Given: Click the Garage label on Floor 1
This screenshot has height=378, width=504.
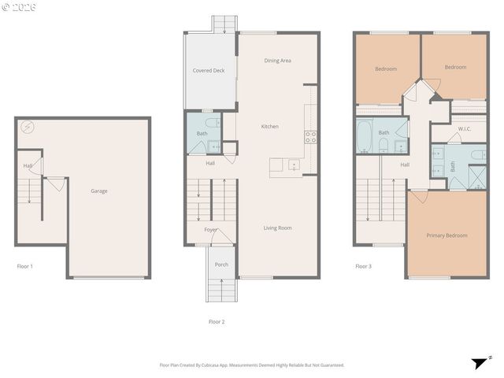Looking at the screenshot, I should coord(99,191).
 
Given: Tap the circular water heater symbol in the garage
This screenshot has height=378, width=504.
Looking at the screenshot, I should coord(28,126).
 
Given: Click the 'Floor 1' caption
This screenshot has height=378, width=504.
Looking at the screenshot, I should coord(25,266).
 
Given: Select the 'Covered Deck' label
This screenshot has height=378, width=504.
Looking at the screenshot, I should coord(209,70).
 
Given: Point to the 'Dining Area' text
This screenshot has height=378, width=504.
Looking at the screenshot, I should coord(278,60).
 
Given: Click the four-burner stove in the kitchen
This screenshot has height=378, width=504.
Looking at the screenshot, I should coord(310,135).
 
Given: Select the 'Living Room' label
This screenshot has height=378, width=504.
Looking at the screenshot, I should coord(277,228).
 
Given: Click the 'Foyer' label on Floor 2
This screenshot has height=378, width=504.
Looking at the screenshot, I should coord(211,230).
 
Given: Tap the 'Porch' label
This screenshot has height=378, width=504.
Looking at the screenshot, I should coord(221,264).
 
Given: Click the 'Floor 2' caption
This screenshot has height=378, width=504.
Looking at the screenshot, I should coord(217,321).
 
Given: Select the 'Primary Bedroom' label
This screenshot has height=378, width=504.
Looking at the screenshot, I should coord(447,235).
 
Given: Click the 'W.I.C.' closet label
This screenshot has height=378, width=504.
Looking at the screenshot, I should coord(465,128).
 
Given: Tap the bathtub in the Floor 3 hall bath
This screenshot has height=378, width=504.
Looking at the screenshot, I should coord(365,137).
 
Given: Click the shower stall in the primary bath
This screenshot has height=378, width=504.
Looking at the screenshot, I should coord(477,176).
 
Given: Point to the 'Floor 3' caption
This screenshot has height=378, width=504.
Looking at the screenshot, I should coord(363,266).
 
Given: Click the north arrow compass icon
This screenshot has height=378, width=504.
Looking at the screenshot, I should coord(478,363).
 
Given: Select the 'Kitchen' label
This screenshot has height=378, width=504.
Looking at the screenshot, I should coord(270,126).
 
